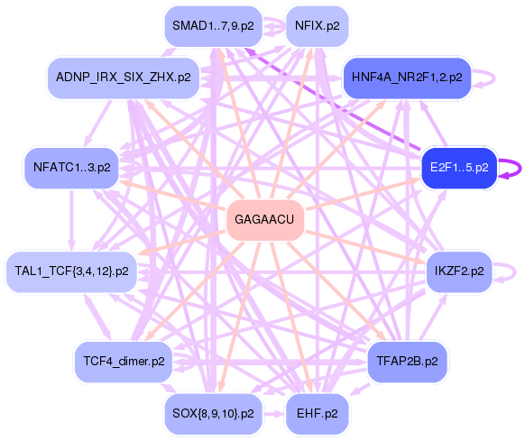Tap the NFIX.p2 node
pyautogui.click(x=317, y=26)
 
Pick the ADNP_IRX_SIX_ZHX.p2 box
pyautogui.click(x=123, y=78)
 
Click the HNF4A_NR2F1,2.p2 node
pyautogui.click(x=407, y=78)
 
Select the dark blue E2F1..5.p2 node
pyautogui.click(x=459, y=167)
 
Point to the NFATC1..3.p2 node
pyautogui.click(x=71, y=167)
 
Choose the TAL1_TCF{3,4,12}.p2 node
pyautogui.click(x=71, y=270)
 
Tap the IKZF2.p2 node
pyautogui.click(x=458, y=270)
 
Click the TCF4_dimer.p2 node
pyautogui.click(x=124, y=361)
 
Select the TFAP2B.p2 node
pyautogui.click(x=407, y=361)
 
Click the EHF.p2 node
pyautogui.click(x=317, y=414)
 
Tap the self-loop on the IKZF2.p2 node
pyautogui.click(x=511, y=270)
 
